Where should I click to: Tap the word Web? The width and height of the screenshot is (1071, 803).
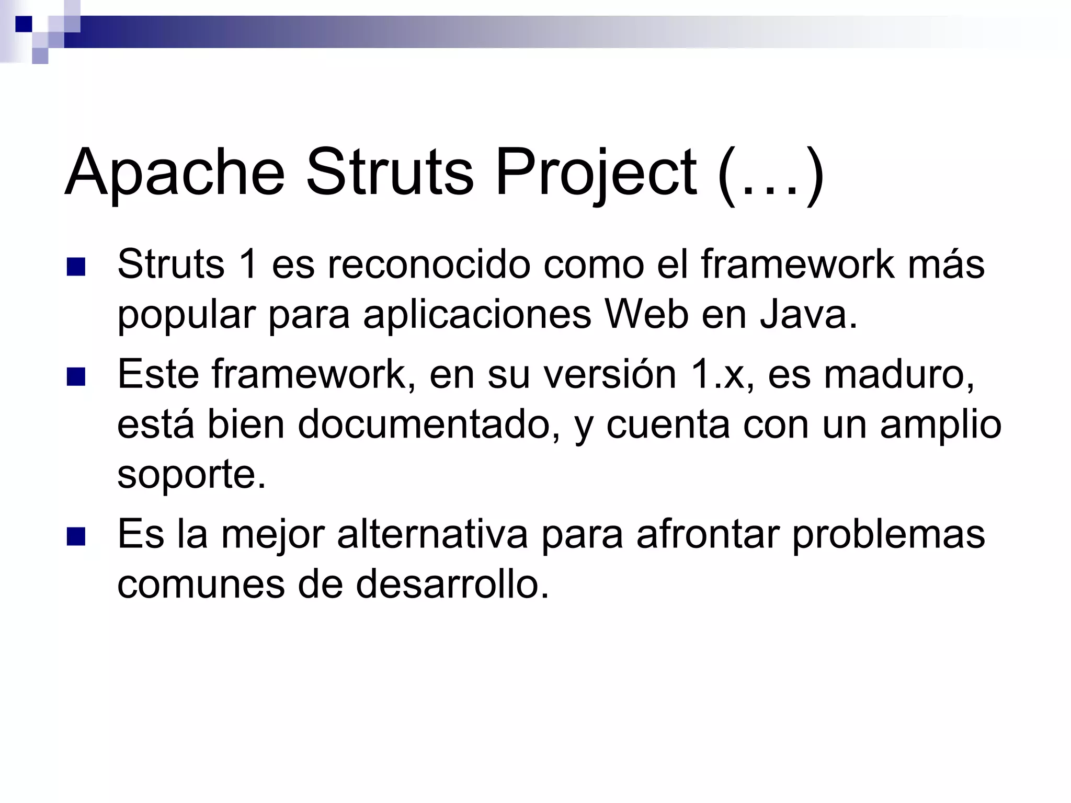pyautogui.click(x=646, y=315)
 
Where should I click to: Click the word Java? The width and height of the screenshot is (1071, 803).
pyautogui.click(x=808, y=315)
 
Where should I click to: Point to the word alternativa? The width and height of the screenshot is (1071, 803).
pyautogui.click(x=432, y=534)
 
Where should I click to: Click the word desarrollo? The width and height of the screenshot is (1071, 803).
pyautogui.click(x=452, y=584)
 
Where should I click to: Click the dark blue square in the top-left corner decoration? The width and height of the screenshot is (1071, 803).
pyautogui.click(x=24, y=24)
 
